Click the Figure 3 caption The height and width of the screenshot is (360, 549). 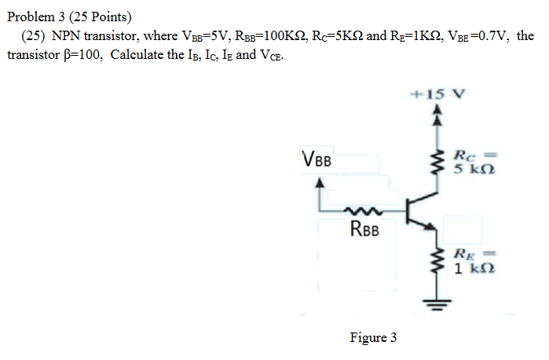click(x=373, y=338)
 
